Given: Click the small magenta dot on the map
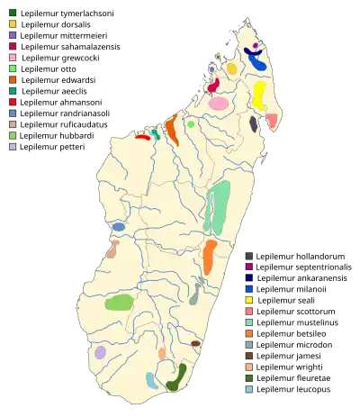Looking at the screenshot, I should pos(256,45).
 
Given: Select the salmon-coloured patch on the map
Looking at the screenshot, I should pos(272,122).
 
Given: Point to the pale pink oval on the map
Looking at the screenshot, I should pos(218,104).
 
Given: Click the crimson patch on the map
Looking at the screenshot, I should pos(213,86).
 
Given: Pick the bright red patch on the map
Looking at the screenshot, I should pos(142,137).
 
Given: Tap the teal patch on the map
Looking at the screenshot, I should pos(156,134).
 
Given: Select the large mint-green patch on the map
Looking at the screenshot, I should pos(217,206).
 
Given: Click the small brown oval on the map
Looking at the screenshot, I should pos(195,343).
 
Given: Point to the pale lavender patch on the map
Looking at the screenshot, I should pos(100,352).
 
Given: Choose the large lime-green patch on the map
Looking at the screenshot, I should pos(120,303).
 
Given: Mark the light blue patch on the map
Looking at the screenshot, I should pos(153,380).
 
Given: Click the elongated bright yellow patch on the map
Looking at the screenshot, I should pos(259,94).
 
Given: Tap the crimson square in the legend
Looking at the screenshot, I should pos(12,45).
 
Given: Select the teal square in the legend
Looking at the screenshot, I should pos(12,91).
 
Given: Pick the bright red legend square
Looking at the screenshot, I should pos(12,102).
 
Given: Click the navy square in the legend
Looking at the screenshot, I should pos(249,277).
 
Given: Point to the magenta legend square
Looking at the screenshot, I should pos(249,267).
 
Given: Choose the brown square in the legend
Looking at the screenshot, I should pos(249,355).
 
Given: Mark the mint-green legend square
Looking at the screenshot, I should pos(249,322).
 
